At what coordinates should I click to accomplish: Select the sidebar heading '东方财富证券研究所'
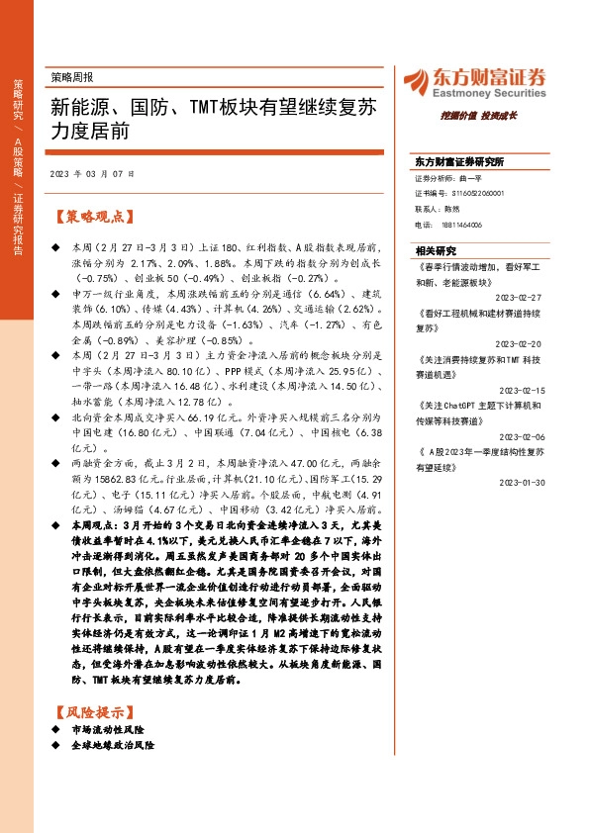point(459,160)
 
